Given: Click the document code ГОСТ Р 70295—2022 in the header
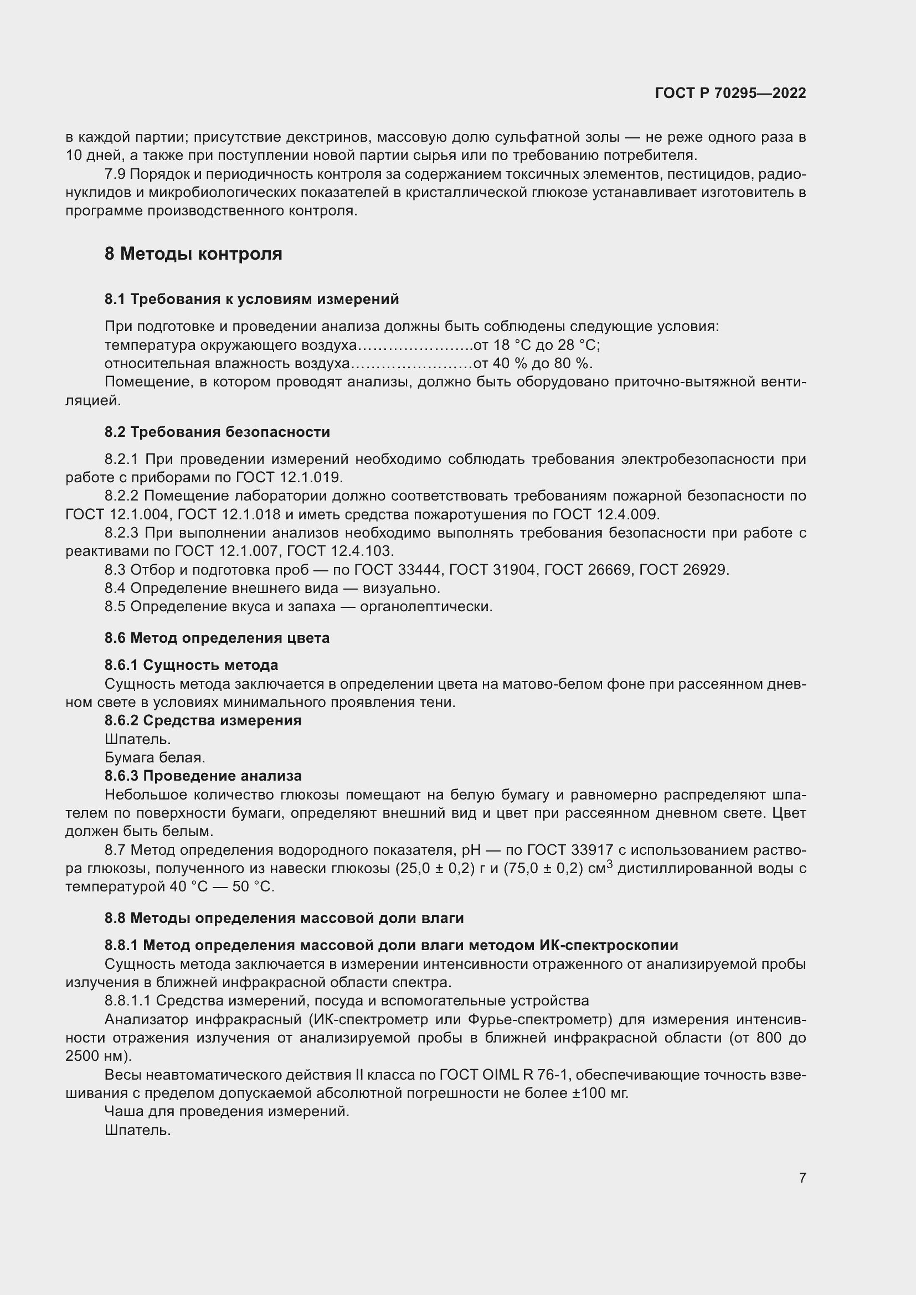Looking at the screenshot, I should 730,94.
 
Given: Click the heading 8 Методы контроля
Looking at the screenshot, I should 193,254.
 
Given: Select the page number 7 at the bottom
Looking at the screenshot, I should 802,1178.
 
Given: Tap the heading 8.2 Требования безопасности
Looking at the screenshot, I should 217,432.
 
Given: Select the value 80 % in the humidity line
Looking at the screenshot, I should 570,363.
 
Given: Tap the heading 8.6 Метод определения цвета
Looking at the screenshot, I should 217,638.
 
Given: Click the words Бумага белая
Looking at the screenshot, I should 155,757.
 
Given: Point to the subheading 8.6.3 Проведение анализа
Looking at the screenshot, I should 203,776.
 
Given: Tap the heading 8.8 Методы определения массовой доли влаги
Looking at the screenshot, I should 284,918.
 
